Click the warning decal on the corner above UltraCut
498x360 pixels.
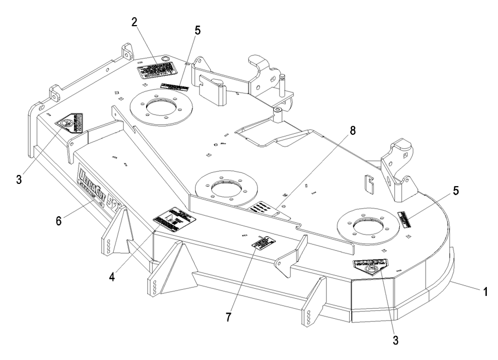point(71,123)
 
